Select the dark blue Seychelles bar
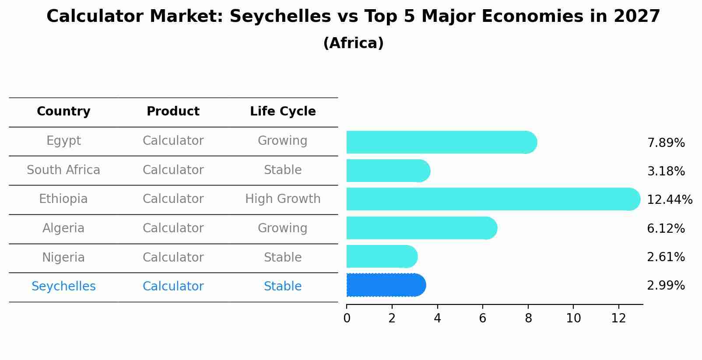(x=385, y=285)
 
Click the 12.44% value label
(x=669, y=200)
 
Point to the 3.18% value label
(x=666, y=171)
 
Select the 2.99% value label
(x=666, y=286)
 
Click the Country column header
(x=63, y=112)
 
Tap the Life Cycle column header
(x=283, y=112)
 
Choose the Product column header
(x=173, y=112)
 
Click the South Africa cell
(x=63, y=170)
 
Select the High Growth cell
(x=283, y=199)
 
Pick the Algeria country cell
(x=63, y=228)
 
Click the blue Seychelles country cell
(x=63, y=287)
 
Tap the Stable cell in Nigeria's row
(x=283, y=258)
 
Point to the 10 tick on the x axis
(x=573, y=318)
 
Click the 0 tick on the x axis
(x=347, y=318)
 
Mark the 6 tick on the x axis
(x=483, y=318)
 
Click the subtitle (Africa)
(x=353, y=43)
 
